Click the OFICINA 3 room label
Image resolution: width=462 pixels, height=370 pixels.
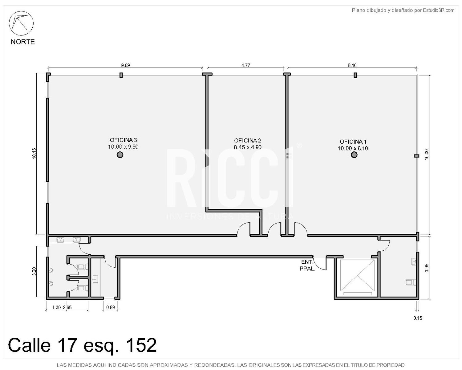[123, 140]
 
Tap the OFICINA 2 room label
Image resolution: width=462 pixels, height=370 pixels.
[248, 141]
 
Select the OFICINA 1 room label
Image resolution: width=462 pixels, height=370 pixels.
[353, 142]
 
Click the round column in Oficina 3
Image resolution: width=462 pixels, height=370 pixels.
[120, 154]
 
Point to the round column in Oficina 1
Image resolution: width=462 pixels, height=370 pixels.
[354, 154]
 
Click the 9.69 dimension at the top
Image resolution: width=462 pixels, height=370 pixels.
[125, 65]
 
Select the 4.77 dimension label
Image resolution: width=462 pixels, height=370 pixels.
[245, 65]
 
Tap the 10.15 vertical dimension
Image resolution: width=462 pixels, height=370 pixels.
[34, 154]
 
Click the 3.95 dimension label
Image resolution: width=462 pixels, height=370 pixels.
[427, 268]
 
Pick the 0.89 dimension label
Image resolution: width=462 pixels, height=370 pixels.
[111, 307]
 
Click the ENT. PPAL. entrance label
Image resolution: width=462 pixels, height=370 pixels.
[307, 265]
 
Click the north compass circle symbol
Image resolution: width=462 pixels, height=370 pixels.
[21, 23]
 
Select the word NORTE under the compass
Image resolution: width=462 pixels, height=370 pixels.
[23, 42]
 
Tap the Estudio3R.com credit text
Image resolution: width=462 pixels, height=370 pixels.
[439, 10]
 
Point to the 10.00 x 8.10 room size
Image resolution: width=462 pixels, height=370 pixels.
[353, 148]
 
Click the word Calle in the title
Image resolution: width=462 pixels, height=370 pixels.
[29, 345]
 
